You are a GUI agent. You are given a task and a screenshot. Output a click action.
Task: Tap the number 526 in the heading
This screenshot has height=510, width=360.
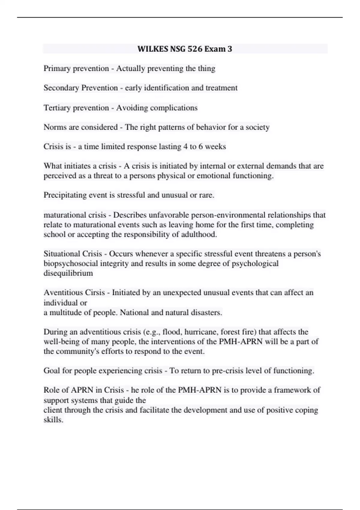194,49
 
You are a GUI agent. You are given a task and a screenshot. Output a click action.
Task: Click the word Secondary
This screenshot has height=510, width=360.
61,88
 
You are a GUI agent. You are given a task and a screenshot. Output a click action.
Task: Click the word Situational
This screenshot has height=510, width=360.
62,254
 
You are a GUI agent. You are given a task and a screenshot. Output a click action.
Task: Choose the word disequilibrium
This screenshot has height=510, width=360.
68,273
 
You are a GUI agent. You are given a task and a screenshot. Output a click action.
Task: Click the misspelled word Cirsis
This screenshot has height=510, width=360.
95,292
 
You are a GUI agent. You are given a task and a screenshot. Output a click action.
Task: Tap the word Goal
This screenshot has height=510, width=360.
52,371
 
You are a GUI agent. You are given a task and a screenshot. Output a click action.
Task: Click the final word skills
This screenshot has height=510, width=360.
53,420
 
